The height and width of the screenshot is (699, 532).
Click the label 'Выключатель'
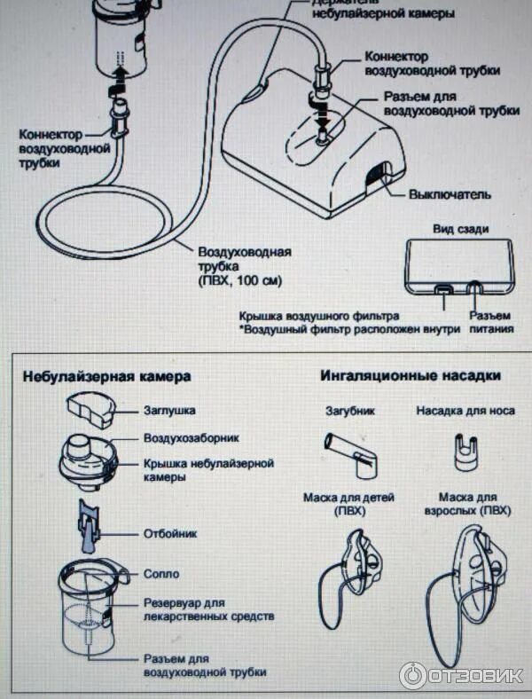pyautogui.click(x=449, y=194)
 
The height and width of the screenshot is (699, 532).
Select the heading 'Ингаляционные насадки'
pyautogui.click(x=411, y=375)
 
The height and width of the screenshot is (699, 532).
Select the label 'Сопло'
pyautogui.click(x=161, y=574)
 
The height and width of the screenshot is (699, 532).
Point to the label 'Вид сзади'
pyautogui.click(x=460, y=229)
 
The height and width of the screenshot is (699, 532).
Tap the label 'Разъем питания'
pyautogui.click(x=490, y=322)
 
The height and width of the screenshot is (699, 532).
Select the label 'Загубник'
pyautogui.click(x=350, y=412)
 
